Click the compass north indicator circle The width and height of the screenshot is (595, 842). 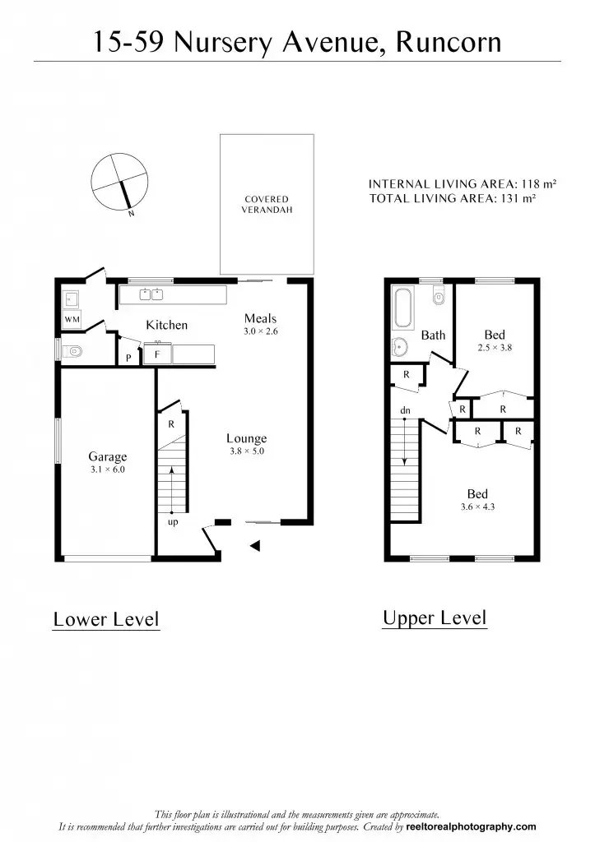pyautogui.click(x=120, y=180)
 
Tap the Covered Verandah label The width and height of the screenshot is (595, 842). pyautogui.click(x=266, y=204)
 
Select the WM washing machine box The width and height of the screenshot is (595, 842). pyautogui.click(x=71, y=319)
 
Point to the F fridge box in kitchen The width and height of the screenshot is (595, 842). pyautogui.click(x=156, y=355)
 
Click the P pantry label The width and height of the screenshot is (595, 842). pyautogui.click(x=128, y=358)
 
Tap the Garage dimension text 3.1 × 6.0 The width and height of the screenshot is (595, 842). pyautogui.click(x=108, y=470)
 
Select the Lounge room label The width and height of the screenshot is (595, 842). pyautogui.click(x=246, y=438)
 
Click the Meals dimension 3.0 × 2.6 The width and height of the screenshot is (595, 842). pyautogui.click(x=260, y=331)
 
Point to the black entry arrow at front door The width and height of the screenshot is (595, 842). pyautogui.click(x=255, y=545)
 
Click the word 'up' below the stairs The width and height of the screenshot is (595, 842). pyautogui.click(x=173, y=521)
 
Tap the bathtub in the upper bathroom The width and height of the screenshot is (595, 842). pyautogui.click(x=404, y=308)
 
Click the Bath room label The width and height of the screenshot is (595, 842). pyautogui.click(x=433, y=335)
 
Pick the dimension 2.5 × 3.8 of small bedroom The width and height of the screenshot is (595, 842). pyautogui.click(x=495, y=348)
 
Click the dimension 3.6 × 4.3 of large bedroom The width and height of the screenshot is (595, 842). pyautogui.click(x=477, y=507)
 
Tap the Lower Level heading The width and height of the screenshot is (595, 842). pyautogui.click(x=106, y=618)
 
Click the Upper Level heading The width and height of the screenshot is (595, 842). pyautogui.click(x=435, y=618)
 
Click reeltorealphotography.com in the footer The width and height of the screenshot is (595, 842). pyautogui.click(x=471, y=827)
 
